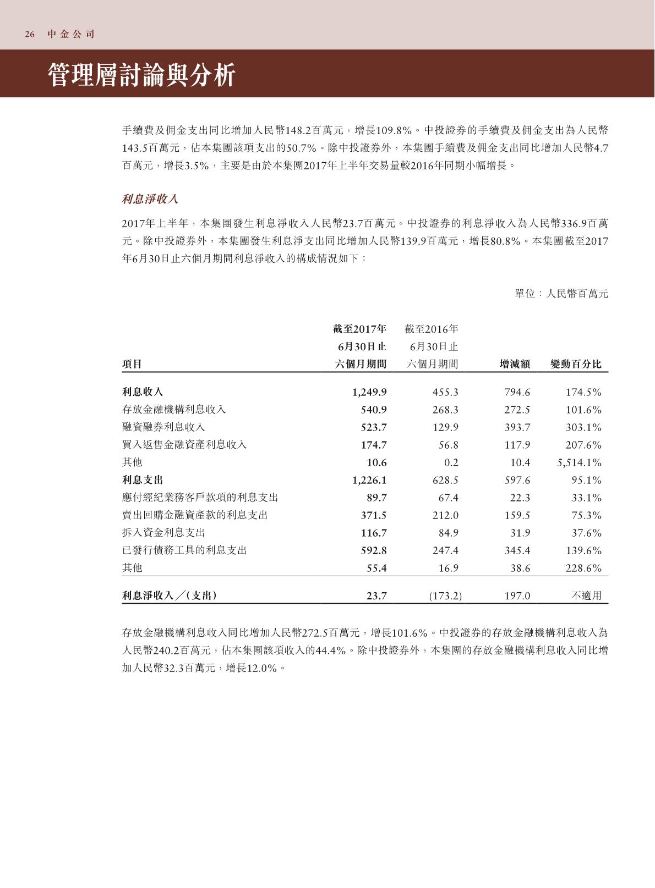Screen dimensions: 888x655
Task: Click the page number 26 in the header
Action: click(30, 34)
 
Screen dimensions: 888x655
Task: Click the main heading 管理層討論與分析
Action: click(142, 75)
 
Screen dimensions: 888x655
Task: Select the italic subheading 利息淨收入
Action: click(150, 199)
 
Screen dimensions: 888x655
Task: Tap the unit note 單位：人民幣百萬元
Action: click(561, 294)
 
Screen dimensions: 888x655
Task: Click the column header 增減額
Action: click(515, 364)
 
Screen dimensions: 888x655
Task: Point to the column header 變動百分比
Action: click(576, 364)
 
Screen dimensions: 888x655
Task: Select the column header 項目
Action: click(132, 364)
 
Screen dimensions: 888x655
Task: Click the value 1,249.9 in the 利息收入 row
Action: click(369, 392)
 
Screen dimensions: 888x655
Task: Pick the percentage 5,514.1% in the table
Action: click(579, 462)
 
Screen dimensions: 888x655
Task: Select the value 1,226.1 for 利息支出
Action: click(369, 480)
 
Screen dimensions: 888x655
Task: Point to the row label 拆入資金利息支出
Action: click(163, 533)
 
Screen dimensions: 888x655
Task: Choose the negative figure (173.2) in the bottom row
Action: click(445, 596)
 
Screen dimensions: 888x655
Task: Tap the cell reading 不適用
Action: click(587, 596)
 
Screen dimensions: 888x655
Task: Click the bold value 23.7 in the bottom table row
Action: click(376, 596)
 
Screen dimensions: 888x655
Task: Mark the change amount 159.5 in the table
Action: click(517, 515)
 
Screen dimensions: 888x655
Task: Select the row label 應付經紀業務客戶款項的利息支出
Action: click(200, 498)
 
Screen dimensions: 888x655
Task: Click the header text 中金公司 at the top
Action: click(71, 34)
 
